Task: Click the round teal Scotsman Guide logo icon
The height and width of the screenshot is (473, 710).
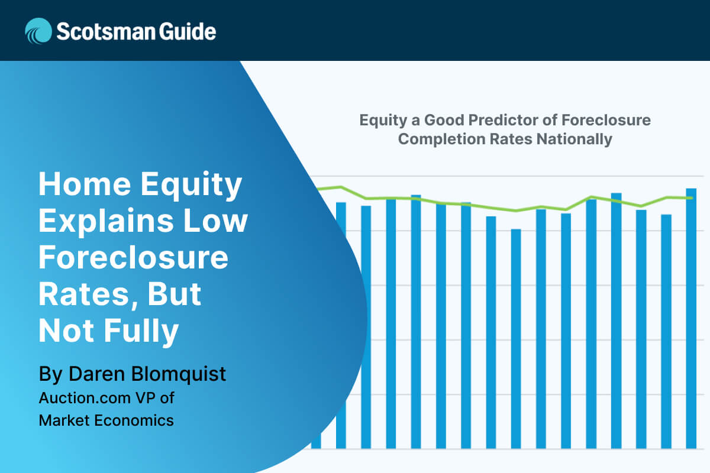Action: pos(38,31)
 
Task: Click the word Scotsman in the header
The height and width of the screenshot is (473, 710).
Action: pos(106,31)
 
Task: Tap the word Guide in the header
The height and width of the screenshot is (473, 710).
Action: pos(188,31)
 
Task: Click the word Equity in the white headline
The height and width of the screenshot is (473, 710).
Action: pos(191,186)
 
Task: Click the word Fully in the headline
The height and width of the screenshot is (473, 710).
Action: pos(141,332)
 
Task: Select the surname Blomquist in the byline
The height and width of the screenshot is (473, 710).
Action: pos(179,375)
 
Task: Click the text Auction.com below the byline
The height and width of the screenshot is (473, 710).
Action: pos(85,398)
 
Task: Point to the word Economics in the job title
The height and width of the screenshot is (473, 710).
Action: pos(134,420)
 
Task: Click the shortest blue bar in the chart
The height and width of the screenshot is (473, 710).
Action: pos(516,339)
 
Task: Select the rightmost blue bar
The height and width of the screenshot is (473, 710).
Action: pos(691,319)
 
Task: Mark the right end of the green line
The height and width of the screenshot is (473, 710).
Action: pos(692,198)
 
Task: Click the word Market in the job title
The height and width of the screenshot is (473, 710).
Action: pos(64,420)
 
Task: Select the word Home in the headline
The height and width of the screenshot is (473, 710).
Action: pos(85,184)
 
